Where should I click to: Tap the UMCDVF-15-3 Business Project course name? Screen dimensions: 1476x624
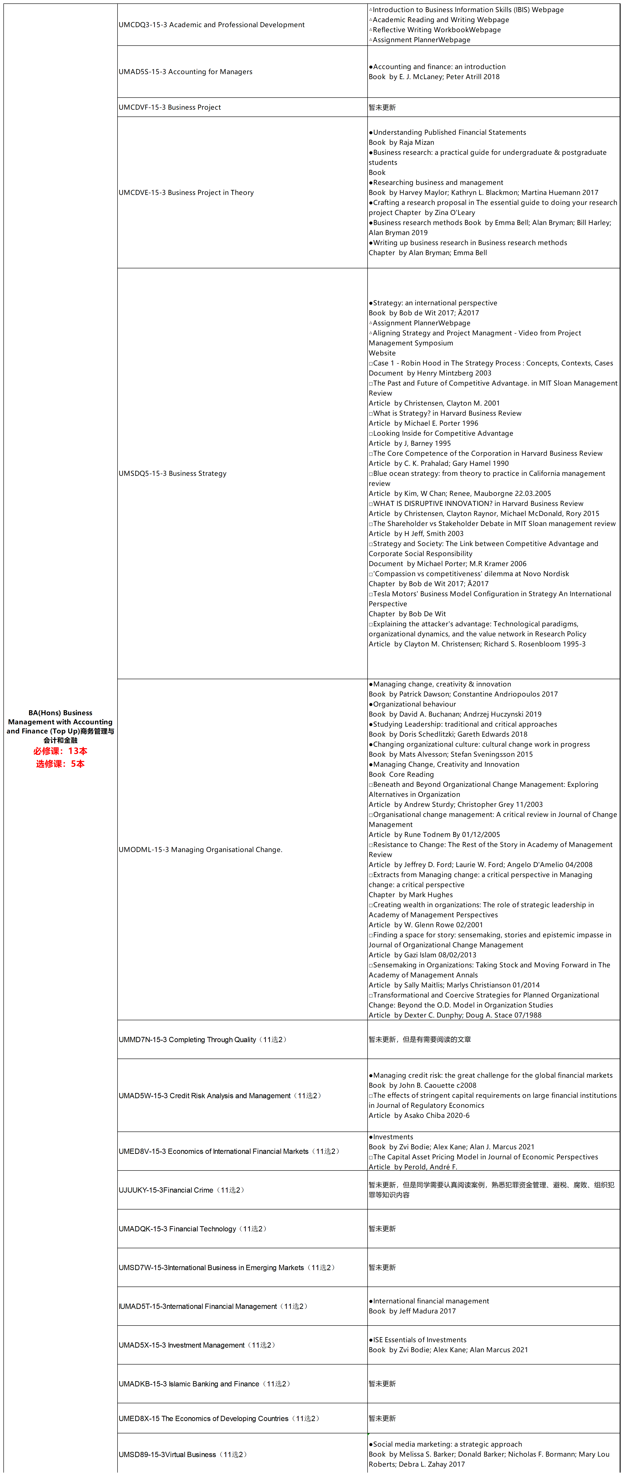tap(169, 107)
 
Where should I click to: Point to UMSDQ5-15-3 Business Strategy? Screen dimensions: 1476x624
tap(172, 473)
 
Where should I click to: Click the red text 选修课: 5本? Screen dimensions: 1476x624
tap(60, 764)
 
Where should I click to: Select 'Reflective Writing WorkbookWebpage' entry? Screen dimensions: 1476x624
tap(436, 30)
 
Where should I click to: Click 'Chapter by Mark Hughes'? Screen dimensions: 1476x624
tap(410, 894)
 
